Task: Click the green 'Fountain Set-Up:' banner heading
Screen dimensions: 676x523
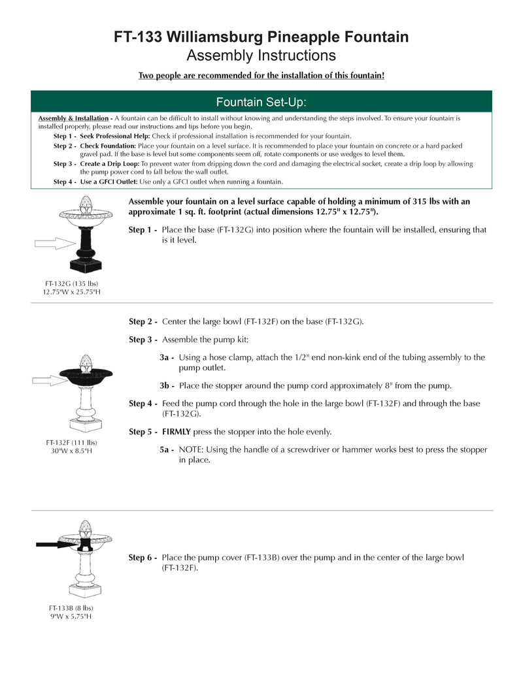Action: (x=261, y=103)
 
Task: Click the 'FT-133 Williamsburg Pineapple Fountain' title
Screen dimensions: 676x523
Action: (x=261, y=37)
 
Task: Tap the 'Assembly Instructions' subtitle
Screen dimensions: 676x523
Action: (x=261, y=56)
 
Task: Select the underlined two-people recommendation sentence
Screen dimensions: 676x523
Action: (x=261, y=76)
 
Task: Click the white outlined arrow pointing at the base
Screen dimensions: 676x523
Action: (x=55, y=243)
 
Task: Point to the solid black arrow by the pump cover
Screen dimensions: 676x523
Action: (x=57, y=543)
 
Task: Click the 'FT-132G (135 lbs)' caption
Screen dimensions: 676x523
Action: (x=71, y=283)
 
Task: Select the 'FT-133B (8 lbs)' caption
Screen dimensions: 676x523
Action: (x=71, y=607)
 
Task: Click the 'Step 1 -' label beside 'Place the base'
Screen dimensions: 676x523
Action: (x=143, y=230)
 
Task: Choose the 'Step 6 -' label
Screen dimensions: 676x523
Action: (x=143, y=557)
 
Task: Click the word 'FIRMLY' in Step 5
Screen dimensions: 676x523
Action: (x=178, y=432)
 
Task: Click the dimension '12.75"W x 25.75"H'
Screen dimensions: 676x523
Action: (x=71, y=291)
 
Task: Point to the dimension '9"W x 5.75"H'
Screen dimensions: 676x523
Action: (x=71, y=616)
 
